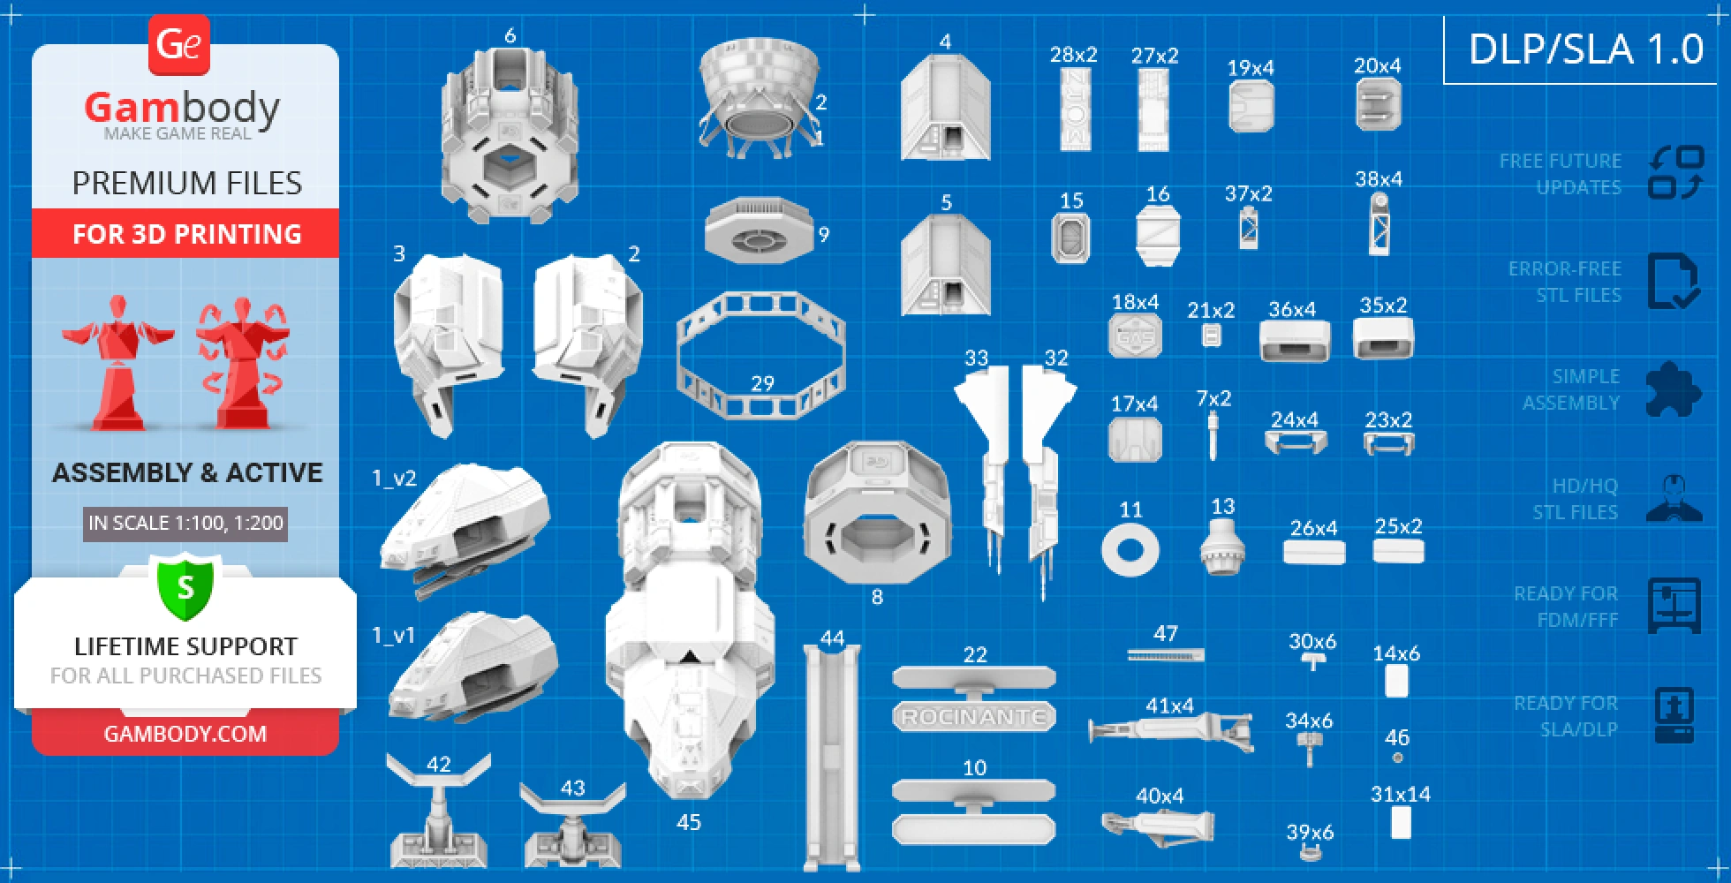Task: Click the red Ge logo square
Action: pos(179,44)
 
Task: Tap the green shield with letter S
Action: pos(185,586)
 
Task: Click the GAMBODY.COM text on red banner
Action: pos(185,734)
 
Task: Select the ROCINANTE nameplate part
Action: pos(974,717)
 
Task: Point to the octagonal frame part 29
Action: pos(760,353)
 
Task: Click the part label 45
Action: pos(689,823)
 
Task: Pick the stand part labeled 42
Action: pos(438,817)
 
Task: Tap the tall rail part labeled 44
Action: pos(832,759)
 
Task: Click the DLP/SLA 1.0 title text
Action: pos(1585,49)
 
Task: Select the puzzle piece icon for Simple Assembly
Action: pos(1673,389)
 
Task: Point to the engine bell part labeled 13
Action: pos(1222,547)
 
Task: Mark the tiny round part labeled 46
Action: pos(1397,758)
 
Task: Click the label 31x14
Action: pos(1400,794)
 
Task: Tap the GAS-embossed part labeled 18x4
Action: pos(1135,336)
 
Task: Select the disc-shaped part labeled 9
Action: pos(758,232)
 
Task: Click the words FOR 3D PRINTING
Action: pos(186,234)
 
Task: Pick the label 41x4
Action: pos(1169,706)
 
